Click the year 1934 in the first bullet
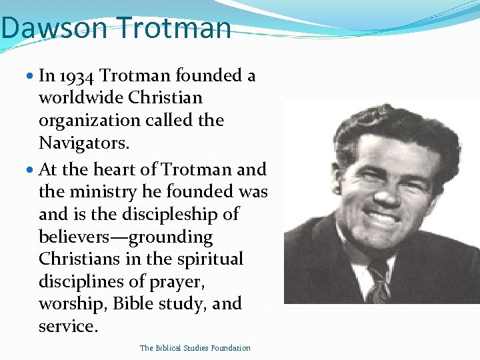pyautogui.click(x=78, y=75)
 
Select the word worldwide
pyautogui.click(x=81, y=98)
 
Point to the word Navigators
pyautogui.click(x=81, y=143)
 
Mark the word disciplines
pyautogui.click(x=79, y=282)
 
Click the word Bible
pyautogui.click(x=133, y=304)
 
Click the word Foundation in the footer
pyautogui.click(x=228, y=348)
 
